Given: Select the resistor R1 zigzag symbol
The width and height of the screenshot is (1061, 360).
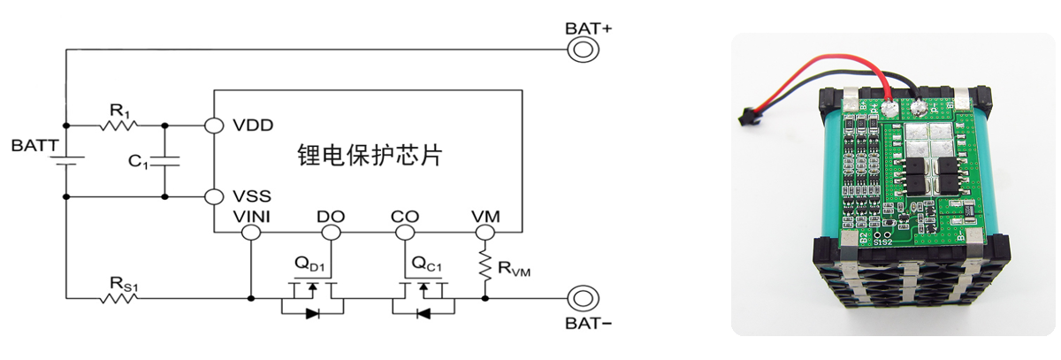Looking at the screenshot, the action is click(x=118, y=126).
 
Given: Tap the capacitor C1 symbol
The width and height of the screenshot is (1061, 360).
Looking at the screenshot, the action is click(x=164, y=161).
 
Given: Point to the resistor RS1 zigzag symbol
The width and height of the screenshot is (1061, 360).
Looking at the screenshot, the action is click(x=118, y=298).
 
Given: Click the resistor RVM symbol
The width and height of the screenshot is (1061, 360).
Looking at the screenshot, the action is click(x=485, y=265).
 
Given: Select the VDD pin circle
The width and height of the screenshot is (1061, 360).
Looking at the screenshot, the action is click(x=214, y=126).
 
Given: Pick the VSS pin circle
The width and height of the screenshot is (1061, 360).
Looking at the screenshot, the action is click(x=214, y=196).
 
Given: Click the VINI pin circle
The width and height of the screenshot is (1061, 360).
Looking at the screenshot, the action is click(x=251, y=233).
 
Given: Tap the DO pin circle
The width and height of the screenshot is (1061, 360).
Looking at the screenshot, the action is click(x=331, y=233).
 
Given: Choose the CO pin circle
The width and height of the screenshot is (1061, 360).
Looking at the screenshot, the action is click(x=405, y=233).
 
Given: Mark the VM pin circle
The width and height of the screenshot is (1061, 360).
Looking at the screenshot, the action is click(x=485, y=233).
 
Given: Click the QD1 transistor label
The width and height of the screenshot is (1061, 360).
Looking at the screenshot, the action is click(x=309, y=264).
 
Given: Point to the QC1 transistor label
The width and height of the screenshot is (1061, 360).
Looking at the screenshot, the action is click(x=427, y=264).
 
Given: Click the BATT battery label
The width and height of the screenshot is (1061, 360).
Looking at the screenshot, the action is click(x=35, y=145).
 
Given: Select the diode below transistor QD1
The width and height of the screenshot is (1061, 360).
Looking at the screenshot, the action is click(x=313, y=314).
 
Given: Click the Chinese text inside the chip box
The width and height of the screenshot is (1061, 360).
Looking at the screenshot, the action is click(x=370, y=155).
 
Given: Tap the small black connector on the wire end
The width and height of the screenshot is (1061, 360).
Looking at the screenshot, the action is click(x=747, y=117).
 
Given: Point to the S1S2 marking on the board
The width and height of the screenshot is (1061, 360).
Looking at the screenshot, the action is click(x=883, y=241).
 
